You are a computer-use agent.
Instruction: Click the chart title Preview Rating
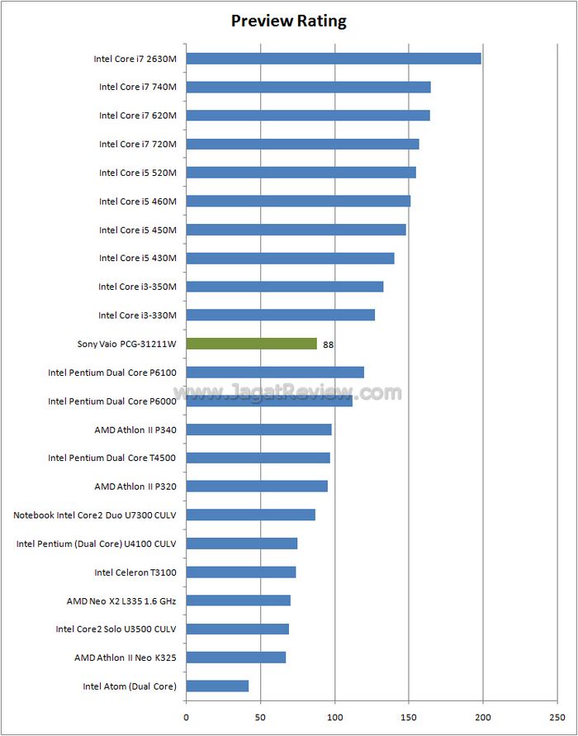288,21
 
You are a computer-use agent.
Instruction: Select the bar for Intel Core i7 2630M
333,59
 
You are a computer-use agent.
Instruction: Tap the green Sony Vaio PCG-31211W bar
252,344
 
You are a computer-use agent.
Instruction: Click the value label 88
329,344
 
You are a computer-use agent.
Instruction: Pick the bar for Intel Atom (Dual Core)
217,686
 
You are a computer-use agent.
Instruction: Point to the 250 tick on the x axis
558,717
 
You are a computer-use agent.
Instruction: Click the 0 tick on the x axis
187,717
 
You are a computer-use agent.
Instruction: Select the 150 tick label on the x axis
410,717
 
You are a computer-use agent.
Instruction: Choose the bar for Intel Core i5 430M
290,258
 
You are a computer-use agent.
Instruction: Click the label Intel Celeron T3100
135,572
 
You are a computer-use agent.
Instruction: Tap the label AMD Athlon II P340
135,430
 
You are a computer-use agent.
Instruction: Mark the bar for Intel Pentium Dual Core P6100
275,373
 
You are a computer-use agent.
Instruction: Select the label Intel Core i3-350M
137,287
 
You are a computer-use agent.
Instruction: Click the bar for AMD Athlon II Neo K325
236,658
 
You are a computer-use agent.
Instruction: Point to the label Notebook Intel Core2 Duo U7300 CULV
95,515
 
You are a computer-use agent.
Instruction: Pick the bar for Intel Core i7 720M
302,144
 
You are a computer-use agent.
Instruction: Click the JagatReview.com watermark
289,392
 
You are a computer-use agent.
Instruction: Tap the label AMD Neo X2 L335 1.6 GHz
121,601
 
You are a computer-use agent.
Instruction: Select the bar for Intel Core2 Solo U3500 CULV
237,629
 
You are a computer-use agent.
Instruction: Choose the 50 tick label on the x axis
260,717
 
